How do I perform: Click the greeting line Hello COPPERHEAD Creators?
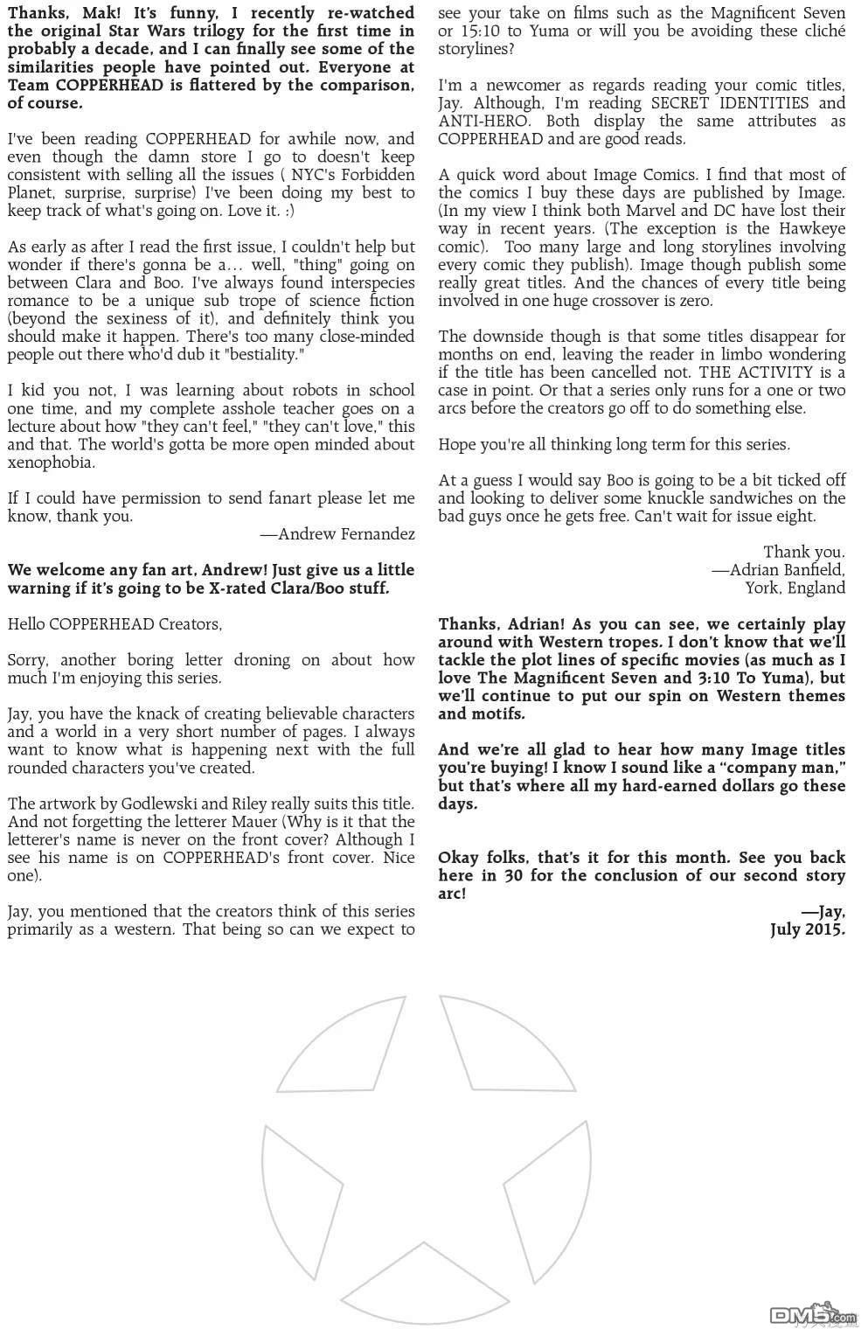[115, 623]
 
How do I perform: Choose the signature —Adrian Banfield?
[778, 569]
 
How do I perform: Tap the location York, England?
[795, 588]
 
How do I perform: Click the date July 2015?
[807, 929]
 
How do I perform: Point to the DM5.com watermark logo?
[811, 1314]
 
